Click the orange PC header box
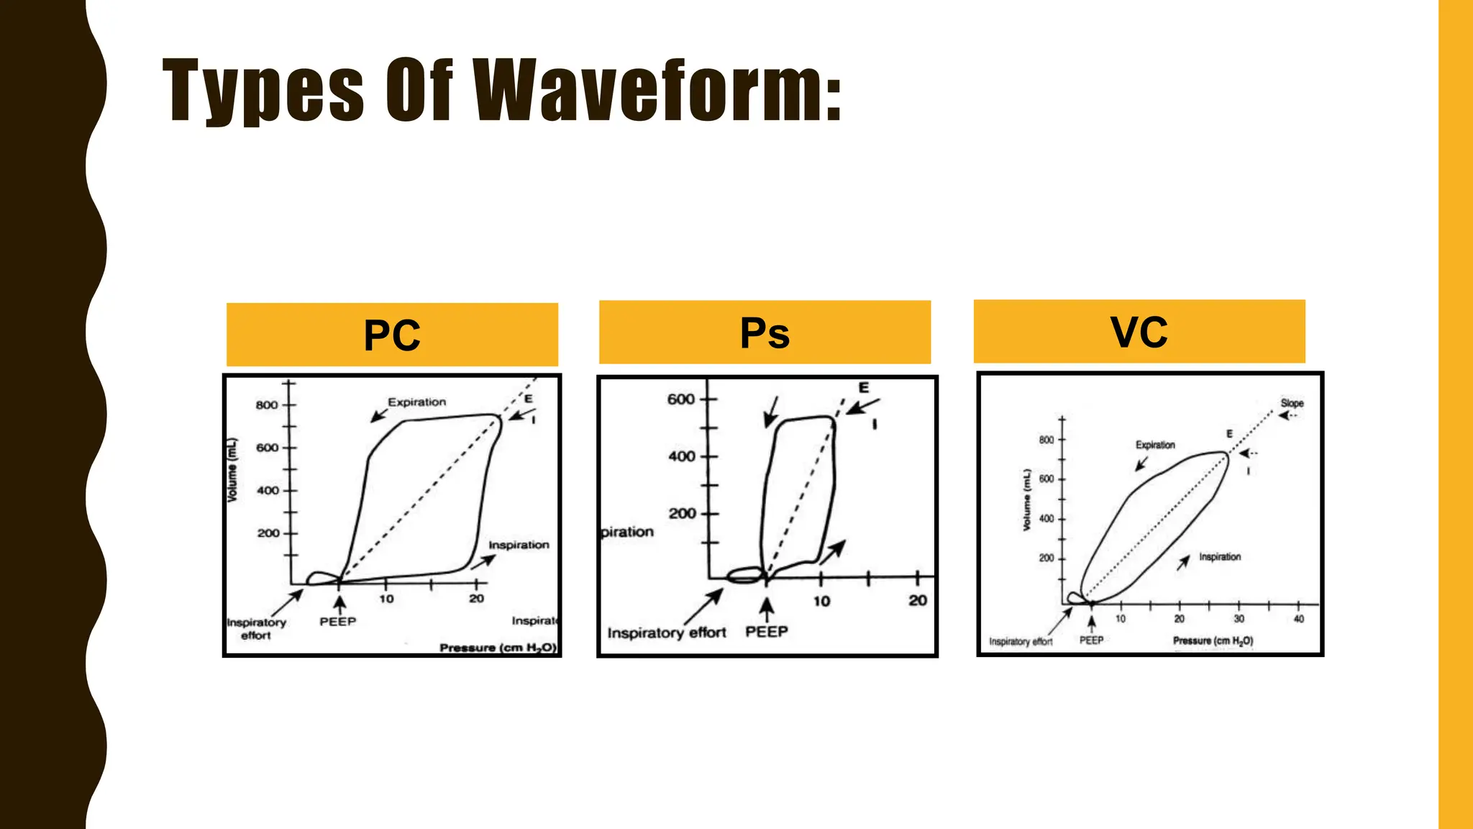[x=392, y=335]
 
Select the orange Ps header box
[x=765, y=332]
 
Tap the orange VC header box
[x=1139, y=332]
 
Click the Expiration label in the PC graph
[x=416, y=402]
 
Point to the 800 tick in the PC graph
[x=267, y=405]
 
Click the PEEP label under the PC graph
[x=337, y=622]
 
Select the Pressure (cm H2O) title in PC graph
[x=498, y=648]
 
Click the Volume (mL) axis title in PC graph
[x=232, y=471]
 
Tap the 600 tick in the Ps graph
[x=680, y=399]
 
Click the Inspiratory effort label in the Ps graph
[x=666, y=633]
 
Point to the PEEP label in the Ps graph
[x=766, y=632]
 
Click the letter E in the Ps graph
[x=864, y=388]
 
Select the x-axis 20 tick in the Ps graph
[x=917, y=601]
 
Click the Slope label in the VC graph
[x=1292, y=403]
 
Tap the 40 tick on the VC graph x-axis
[x=1298, y=619]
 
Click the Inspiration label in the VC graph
[x=1220, y=557]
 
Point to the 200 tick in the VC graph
[x=1046, y=558]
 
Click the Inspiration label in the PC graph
[x=519, y=545]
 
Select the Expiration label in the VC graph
[x=1155, y=445]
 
